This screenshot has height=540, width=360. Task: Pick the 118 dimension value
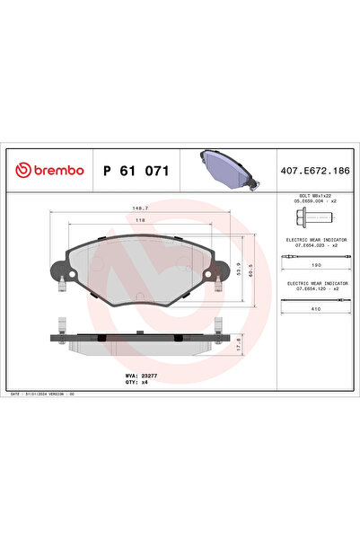point(139,218)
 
